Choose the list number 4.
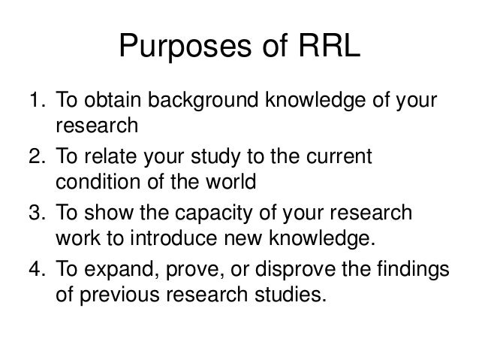coord(35,269)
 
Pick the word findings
coord(414,270)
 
